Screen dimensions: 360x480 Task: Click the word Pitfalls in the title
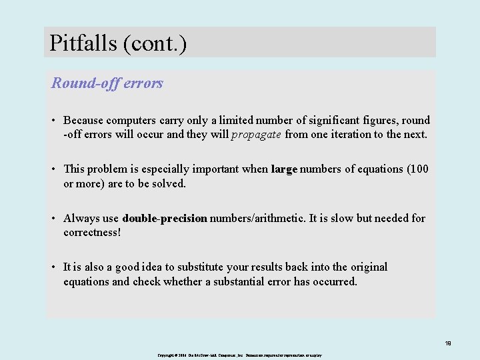coord(83,43)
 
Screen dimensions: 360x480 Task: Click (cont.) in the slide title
coord(155,43)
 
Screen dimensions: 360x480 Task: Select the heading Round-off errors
coord(107,83)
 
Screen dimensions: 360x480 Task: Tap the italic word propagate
coord(256,135)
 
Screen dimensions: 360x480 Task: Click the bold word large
coord(284,169)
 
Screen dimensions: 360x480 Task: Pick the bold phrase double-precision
coord(165,218)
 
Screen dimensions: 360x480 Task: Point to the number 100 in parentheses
coord(419,169)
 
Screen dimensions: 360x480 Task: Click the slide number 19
coord(448,343)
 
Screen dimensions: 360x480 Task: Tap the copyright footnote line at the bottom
coord(240,355)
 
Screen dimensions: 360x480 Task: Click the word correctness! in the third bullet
coord(92,233)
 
